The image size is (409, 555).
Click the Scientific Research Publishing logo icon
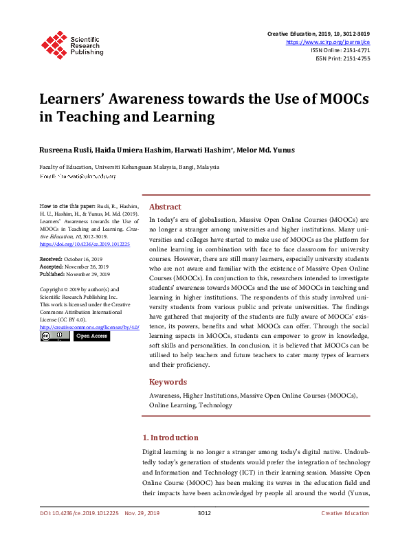pos(53,43)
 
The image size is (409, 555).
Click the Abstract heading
pos(165,207)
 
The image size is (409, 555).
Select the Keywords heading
pos(168,382)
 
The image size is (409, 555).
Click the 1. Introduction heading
pos(170,438)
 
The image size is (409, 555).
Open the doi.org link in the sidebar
pos(85,244)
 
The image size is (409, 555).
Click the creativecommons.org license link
pos(89,328)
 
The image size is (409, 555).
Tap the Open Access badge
pos(91,337)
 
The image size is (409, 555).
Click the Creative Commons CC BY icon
pos(50,337)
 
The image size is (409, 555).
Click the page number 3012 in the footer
pos(204,513)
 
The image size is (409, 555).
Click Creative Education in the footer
pos(344,513)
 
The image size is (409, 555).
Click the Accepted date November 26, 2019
pos(79,265)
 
